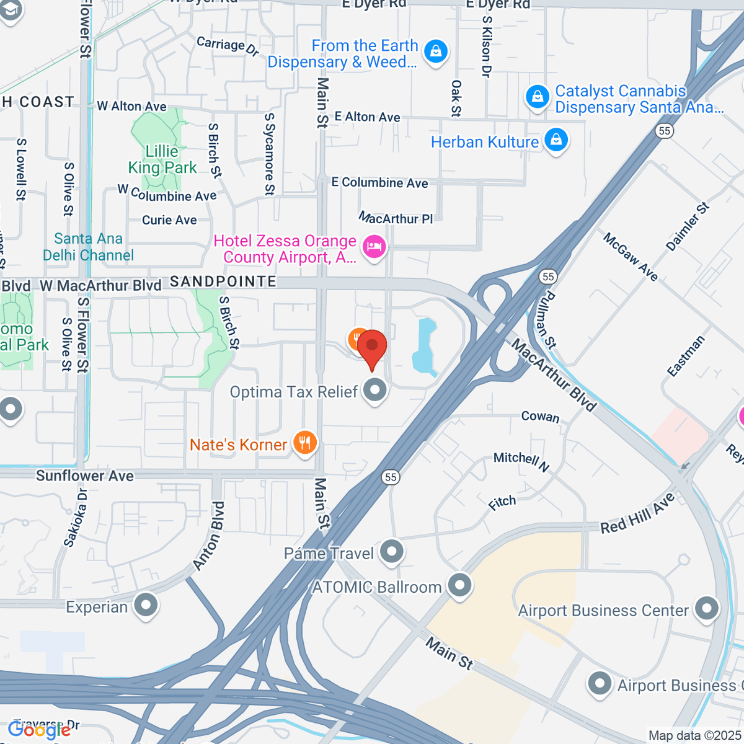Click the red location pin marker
point(372,347)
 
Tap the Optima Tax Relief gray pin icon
point(374,391)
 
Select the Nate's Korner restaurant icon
point(304,443)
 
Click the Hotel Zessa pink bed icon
point(374,247)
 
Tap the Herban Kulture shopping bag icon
point(556,140)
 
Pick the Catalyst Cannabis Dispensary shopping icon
point(537,97)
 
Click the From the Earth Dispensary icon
point(436,51)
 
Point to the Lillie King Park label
point(162,159)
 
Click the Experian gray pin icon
point(146,606)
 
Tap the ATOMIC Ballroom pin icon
point(460,585)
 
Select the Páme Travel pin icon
point(392,551)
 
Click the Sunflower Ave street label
point(85,476)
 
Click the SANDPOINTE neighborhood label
point(223,281)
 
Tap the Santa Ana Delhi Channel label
point(88,247)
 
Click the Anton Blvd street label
point(209,536)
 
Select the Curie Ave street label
point(169,220)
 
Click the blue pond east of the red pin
point(425,347)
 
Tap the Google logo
point(39,730)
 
